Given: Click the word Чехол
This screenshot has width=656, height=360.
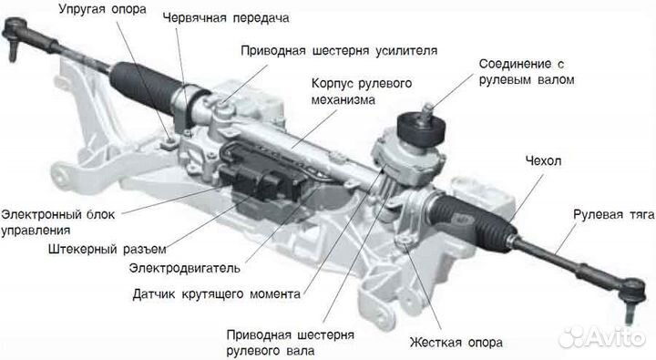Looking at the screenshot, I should pos(544,161).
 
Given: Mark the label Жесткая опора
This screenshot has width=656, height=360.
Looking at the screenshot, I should pos(456,343).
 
